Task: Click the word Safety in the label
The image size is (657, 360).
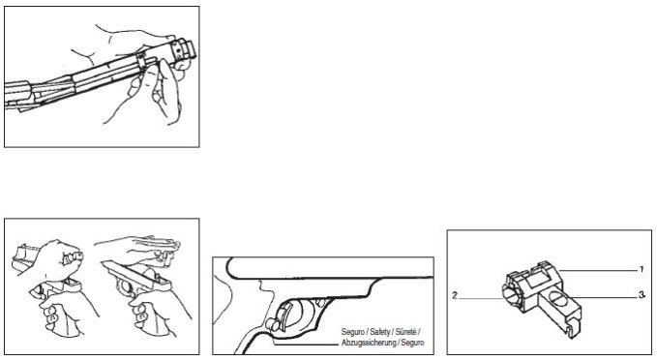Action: tap(378, 332)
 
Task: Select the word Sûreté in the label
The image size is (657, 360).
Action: tap(405, 332)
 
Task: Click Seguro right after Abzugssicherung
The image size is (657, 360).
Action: tap(413, 343)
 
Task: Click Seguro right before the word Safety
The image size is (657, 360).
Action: tap(353, 332)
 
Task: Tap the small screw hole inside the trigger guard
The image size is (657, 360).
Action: tap(320, 302)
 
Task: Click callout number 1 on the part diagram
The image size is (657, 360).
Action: tap(642, 270)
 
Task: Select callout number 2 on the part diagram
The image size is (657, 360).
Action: tap(455, 295)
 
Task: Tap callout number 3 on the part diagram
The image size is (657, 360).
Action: tap(642, 295)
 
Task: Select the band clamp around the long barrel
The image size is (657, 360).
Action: tap(141, 61)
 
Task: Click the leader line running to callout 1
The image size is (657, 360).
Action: tap(599, 271)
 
